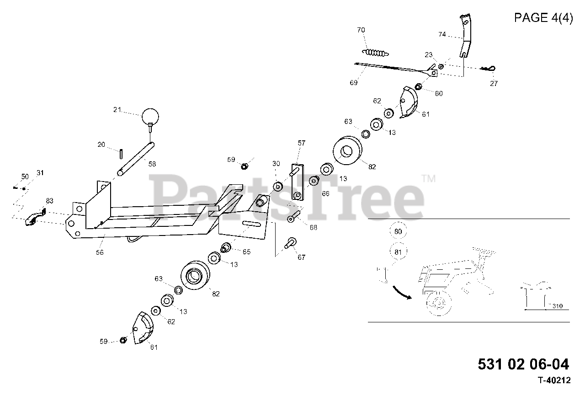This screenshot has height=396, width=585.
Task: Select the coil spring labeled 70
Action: pos(375,51)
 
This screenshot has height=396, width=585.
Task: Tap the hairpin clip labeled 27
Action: pos(489,69)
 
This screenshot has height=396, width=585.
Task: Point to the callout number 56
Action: pos(100,252)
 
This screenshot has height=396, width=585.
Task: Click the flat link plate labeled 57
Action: pos(298,182)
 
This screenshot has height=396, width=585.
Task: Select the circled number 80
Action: pos(398,232)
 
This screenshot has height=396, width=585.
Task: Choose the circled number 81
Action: pos(398,251)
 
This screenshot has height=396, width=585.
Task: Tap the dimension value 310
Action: pos(557,305)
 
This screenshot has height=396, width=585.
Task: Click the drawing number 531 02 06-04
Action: pos(523,364)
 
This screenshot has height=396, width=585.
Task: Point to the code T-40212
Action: pos(554,380)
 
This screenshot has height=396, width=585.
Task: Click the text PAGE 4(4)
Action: pos(543,18)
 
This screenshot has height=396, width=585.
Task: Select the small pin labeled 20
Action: pos(121,152)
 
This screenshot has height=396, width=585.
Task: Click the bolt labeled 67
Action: pos(290,242)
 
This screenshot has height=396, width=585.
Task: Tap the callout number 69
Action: pos(353,83)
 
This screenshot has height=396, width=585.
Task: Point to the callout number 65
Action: pos(246,252)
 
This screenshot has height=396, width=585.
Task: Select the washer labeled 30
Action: pos(277,186)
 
